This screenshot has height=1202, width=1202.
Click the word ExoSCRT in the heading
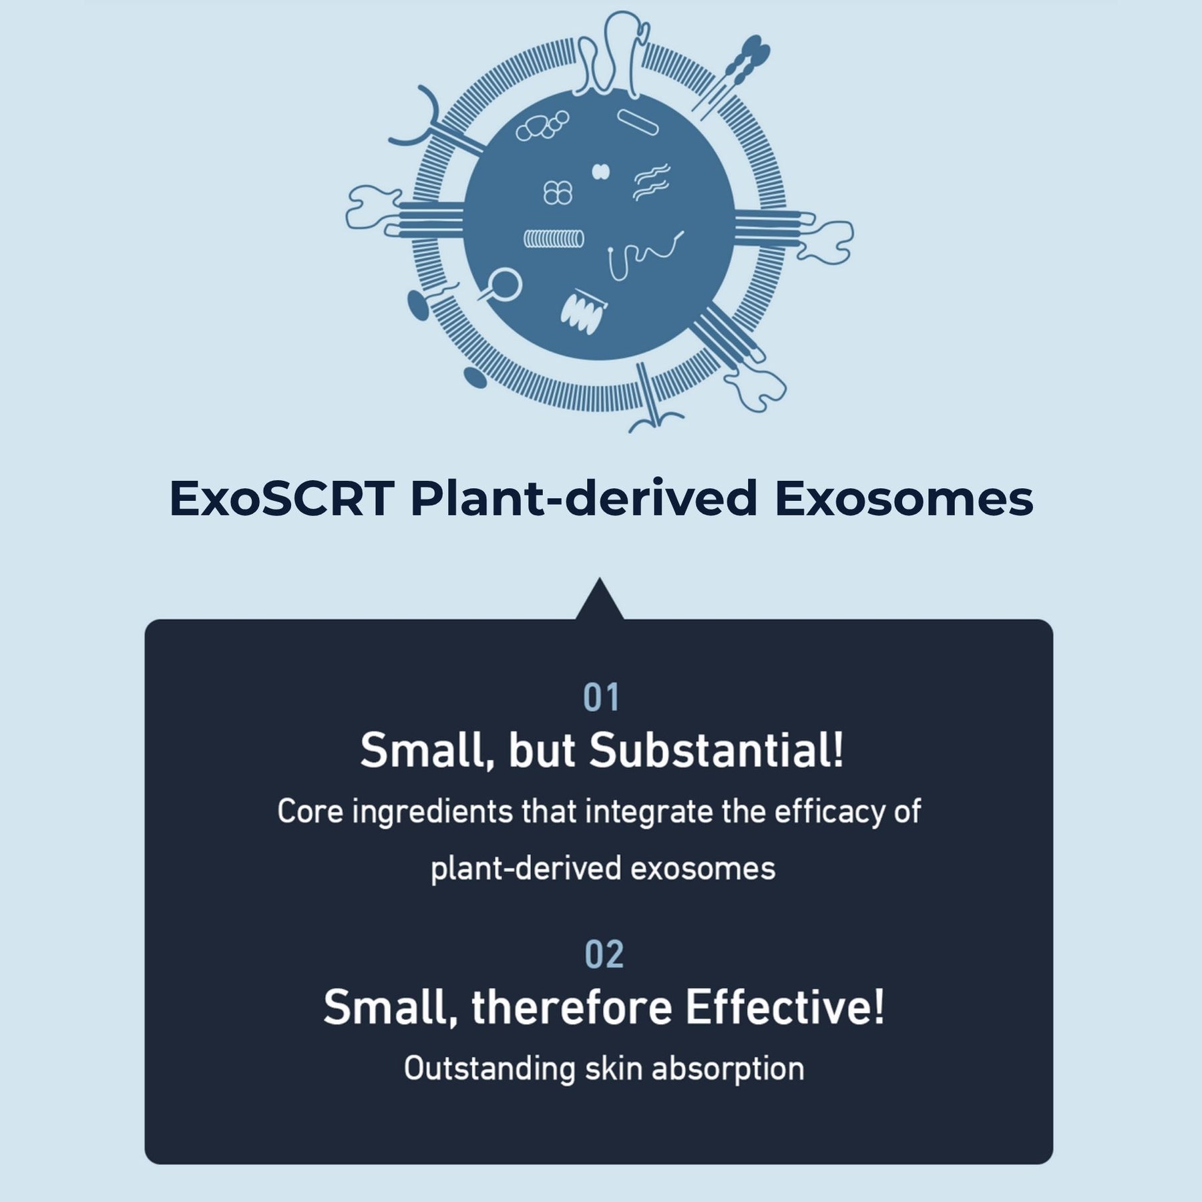281,499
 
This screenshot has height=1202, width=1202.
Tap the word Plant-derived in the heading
584,499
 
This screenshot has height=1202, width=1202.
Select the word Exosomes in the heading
904,499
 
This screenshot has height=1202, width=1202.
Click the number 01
602,698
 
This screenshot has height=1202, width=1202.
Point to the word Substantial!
717,750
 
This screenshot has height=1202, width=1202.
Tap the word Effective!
785,1007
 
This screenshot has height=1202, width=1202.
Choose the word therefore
572,1007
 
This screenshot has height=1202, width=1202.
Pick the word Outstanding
489,1068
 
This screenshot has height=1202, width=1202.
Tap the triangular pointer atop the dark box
600,600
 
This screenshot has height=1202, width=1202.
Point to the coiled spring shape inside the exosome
554,238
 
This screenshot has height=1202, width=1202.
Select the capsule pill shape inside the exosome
638,122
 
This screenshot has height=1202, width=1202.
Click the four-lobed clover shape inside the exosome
558,193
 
